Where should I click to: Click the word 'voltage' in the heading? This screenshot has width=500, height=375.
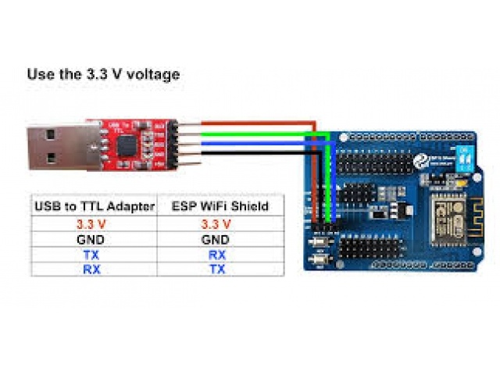click(x=153, y=75)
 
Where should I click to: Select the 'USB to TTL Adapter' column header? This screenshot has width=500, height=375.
click(x=94, y=206)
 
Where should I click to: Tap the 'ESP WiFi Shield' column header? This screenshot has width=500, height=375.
click(x=215, y=206)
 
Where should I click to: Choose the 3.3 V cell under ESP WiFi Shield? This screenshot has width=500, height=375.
click(x=215, y=223)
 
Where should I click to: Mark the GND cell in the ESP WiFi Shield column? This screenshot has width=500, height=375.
click(x=215, y=239)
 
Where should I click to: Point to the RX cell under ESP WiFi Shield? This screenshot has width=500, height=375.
click(x=215, y=255)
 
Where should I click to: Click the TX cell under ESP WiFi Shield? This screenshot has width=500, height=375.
click(x=215, y=270)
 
